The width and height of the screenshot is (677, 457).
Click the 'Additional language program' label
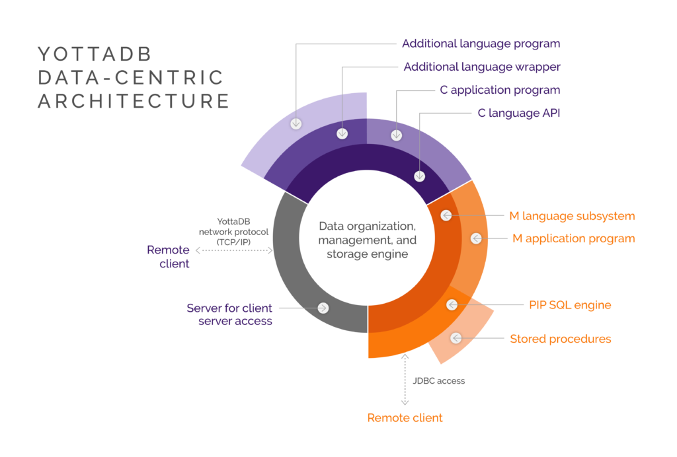click(x=481, y=44)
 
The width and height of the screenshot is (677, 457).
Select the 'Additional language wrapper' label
click(x=481, y=67)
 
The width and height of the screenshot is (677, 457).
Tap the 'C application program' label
click(x=499, y=90)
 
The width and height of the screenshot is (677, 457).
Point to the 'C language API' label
click(x=518, y=114)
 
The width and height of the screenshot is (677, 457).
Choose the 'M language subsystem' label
click(x=572, y=216)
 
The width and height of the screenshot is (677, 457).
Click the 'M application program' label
click(x=574, y=238)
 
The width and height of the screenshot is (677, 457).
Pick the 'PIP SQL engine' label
click(x=569, y=305)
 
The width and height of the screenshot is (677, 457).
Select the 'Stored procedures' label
click(x=560, y=339)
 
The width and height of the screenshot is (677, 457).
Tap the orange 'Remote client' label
click(x=405, y=418)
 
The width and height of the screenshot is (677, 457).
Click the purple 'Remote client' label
click(x=168, y=257)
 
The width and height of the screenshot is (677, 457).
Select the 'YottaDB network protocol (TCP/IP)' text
click(x=233, y=232)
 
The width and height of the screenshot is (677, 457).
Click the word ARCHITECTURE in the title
click(x=133, y=101)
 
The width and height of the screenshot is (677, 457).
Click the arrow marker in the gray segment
click(x=323, y=308)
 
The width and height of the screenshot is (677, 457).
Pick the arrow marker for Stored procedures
click(x=456, y=338)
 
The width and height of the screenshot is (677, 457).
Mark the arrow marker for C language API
click(x=419, y=176)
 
